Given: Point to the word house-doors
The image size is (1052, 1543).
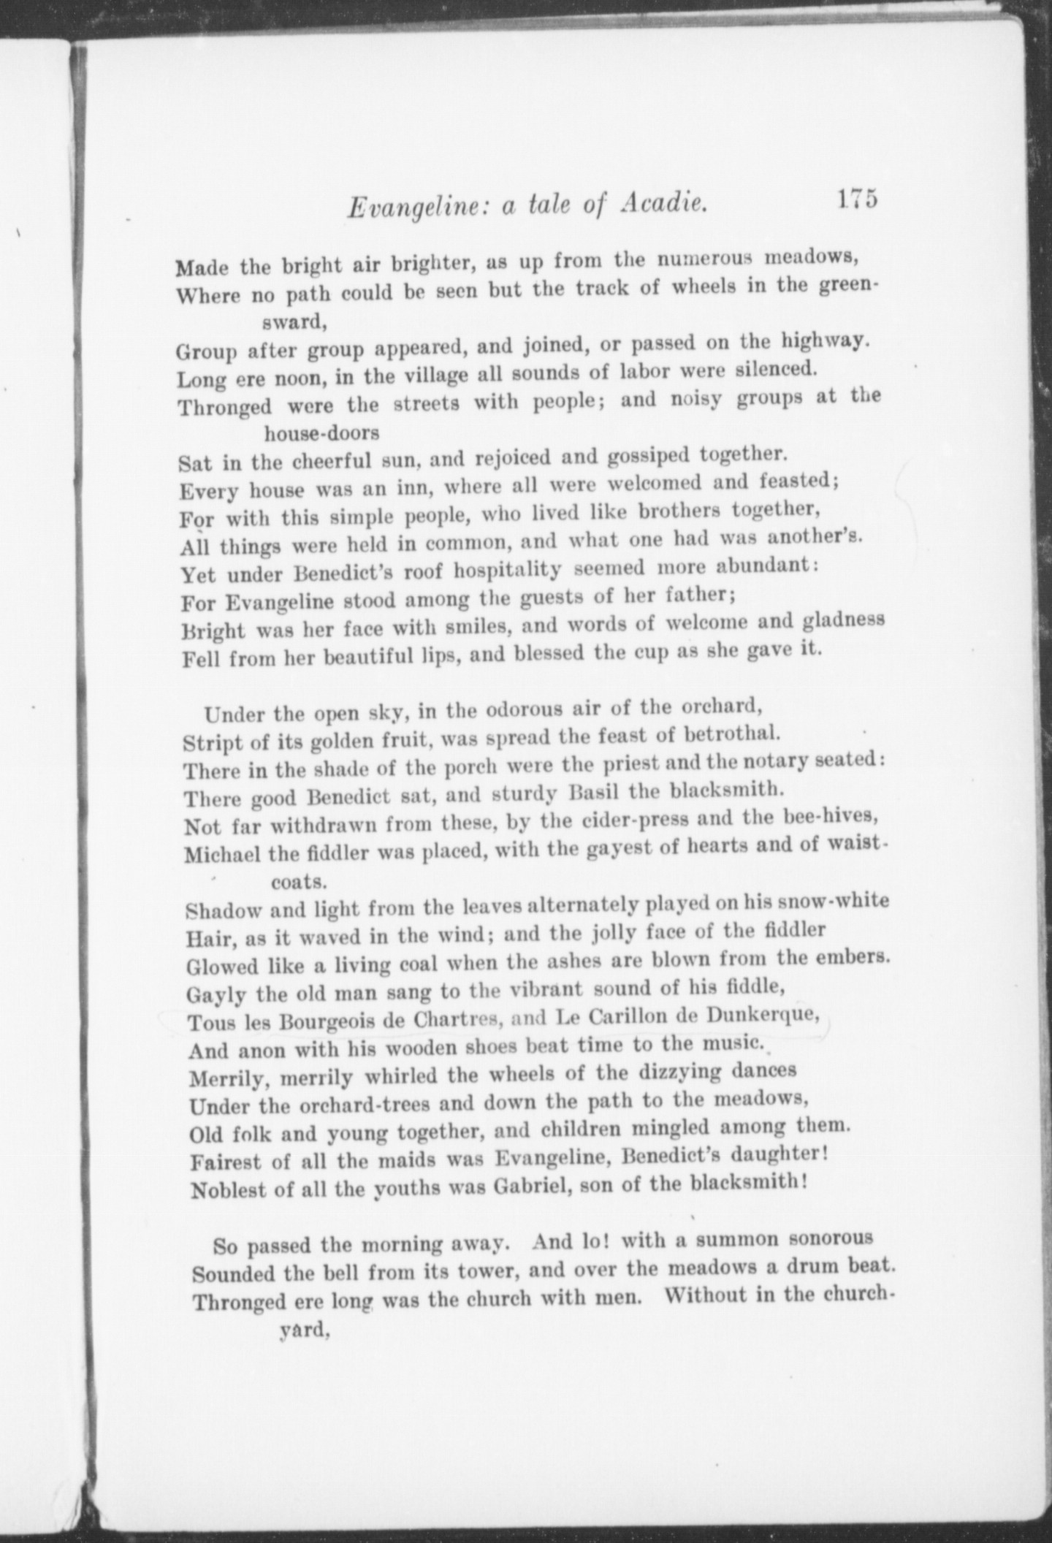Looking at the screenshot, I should (x=321, y=433).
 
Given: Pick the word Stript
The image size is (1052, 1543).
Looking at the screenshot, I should (x=212, y=743).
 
